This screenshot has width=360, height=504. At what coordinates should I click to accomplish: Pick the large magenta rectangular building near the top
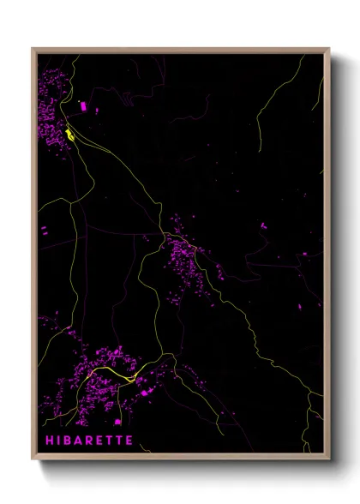tap(83, 106)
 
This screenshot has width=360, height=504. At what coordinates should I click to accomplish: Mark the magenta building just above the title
tap(117, 422)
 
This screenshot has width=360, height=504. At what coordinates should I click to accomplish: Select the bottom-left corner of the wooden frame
tap(33, 459)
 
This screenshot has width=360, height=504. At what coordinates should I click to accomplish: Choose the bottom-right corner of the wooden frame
tap(328, 459)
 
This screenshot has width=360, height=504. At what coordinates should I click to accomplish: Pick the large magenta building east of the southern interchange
tap(149, 390)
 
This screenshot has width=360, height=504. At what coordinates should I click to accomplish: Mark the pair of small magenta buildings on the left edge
tap(44, 230)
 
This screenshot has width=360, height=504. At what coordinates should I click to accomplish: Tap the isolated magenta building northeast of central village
tap(263, 225)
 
